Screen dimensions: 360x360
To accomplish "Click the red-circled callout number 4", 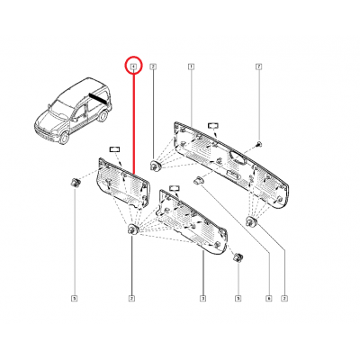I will click(x=133, y=67).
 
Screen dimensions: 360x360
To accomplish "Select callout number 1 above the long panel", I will click(x=191, y=67).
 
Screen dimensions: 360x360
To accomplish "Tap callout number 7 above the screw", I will click(x=258, y=67).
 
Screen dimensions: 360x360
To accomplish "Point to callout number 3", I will click(x=202, y=297).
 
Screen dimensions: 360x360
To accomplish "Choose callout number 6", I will click(x=268, y=297).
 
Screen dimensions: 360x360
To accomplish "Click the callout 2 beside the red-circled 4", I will click(x=153, y=67).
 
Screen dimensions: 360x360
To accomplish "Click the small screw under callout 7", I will click(x=258, y=143).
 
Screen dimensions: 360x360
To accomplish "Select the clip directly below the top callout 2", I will click(x=156, y=166).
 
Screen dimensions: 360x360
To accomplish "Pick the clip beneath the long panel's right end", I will click(x=252, y=220).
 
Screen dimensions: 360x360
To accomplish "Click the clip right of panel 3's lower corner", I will click(x=238, y=258).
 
